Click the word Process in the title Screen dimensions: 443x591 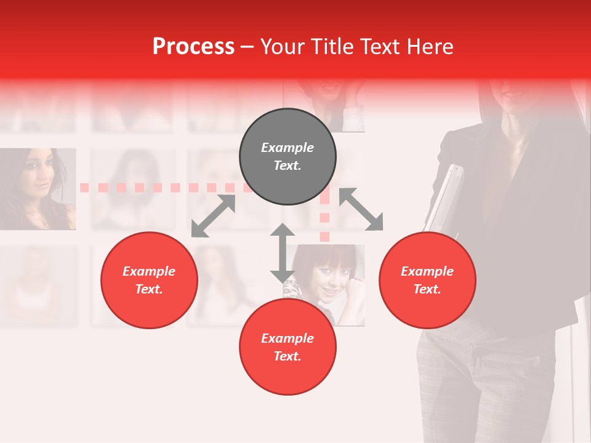pos(193,47)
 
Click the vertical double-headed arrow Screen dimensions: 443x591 pos(283,253)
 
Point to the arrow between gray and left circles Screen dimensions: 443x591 pos(213,216)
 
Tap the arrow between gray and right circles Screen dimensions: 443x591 pos(361,209)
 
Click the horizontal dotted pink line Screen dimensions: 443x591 pos(160,187)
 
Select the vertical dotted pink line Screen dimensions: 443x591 pos(324,215)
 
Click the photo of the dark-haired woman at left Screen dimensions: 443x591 pos(37,188)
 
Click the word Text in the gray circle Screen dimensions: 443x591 pos(287,166)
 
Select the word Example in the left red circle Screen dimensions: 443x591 pos(149,271)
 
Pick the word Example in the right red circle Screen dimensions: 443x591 pos(427,271)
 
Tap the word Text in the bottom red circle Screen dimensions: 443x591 pos(287,356)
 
